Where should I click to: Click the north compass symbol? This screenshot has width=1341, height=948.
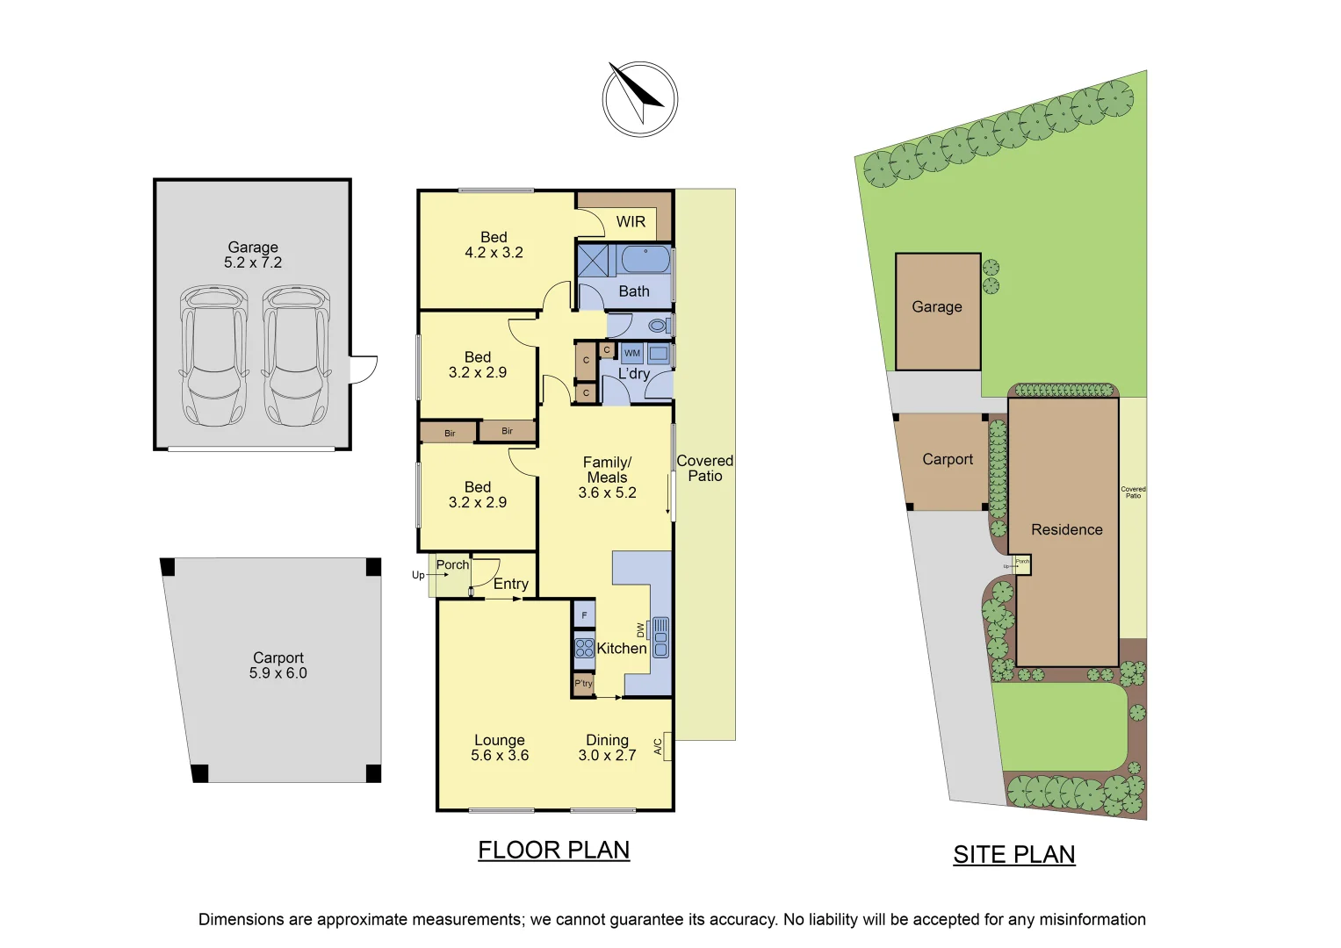[x=640, y=98]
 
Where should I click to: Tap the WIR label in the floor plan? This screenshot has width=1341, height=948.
[x=631, y=222]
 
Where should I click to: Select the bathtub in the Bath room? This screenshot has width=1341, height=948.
[x=645, y=260]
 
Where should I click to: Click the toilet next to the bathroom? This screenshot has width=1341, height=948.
[x=657, y=326]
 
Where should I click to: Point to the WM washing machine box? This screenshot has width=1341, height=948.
[x=632, y=353]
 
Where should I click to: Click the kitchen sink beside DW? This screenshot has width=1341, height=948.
[x=660, y=637]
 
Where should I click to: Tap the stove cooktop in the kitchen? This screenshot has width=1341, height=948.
[x=584, y=649]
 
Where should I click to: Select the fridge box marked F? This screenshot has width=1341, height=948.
[x=584, y=614]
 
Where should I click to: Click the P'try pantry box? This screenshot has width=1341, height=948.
[x=583, y=684]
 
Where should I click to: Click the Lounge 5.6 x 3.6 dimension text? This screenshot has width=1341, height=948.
[x=500, y=755]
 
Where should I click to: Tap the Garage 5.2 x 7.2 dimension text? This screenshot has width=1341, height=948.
[x=253, y=262]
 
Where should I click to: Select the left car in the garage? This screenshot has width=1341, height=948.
[x=213, y=355]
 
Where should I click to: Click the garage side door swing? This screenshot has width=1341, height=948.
[x=364, y=370]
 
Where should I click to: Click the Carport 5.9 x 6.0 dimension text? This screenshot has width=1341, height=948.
[x=278, y=673]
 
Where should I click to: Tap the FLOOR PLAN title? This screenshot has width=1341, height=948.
[x=553, y=850]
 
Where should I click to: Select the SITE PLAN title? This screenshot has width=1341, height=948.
[x=1013, y=854]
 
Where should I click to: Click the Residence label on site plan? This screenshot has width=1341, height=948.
[x=1066, y=529]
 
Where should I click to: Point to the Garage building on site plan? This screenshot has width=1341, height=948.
[x=937, y=312]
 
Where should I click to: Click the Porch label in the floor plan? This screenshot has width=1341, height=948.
[x=452, y=564]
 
